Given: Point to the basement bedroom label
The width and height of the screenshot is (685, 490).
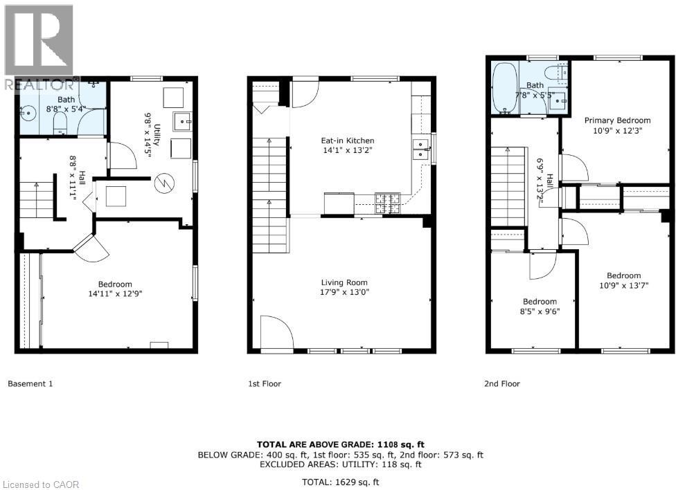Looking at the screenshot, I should (x=115, y=284).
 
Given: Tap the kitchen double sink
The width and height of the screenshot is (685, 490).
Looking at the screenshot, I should (x=420, y=149).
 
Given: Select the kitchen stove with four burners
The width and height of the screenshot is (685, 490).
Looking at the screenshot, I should (x=386, y=202).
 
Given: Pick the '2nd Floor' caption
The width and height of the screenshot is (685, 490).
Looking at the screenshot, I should (x=501, y=383).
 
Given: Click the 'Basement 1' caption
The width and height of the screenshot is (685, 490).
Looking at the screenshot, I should (x=30, y=383).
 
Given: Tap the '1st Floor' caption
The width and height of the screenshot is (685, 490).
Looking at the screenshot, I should (x=264, y=383).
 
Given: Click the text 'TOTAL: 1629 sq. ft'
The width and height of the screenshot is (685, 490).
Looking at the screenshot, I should (x=341, y=482).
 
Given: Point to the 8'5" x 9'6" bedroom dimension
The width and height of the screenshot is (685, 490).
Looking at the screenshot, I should (x=540, y=311).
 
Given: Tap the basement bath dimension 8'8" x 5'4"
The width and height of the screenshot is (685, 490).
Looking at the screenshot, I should (x=66, y=109).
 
